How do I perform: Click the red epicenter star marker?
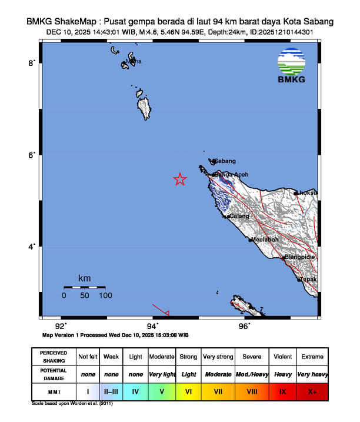(180, 180)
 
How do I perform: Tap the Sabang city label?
(225, 161)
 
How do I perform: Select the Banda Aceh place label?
(231, 175)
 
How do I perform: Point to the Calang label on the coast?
(239, 217)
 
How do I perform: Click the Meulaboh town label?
(265, 240)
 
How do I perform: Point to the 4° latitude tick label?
(32, 247)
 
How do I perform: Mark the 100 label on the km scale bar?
(106, 295)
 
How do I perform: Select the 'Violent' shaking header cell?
(282, 357)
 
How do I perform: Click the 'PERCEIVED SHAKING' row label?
(53, 357)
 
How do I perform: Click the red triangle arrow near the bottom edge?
(166, 313)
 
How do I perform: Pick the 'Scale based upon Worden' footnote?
(72, 404)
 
